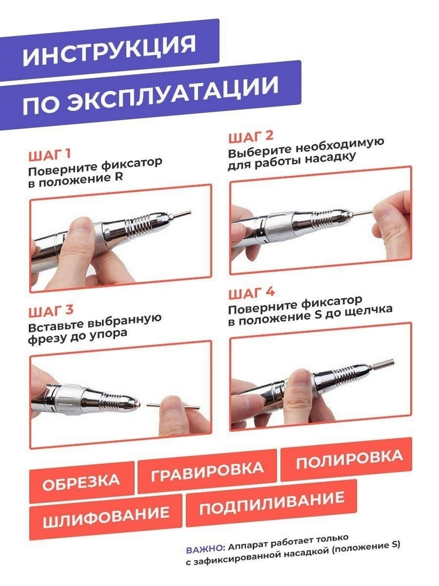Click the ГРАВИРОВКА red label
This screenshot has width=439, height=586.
tap(207, 471)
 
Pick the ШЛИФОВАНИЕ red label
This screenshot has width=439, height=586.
tap(105, 516)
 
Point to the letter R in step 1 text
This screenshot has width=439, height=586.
tap(119, 176)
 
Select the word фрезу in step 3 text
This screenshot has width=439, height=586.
tap(47, 339)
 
